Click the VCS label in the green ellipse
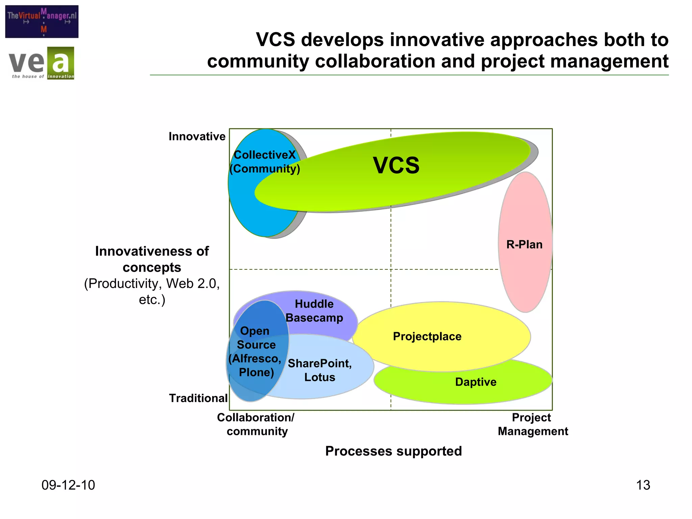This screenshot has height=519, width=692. tap(396, 165)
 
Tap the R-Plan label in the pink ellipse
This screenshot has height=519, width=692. tap(524, 244)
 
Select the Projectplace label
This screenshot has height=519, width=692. tap(427, 336)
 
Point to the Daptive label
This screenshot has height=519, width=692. tap(475, 382)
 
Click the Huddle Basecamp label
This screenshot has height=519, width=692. tap(314, 311)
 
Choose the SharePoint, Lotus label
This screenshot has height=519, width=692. tap(320, 370)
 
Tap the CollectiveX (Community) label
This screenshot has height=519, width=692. tap(265, 162)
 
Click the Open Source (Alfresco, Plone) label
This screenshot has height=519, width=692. tap(255, 351)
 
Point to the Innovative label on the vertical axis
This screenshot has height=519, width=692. tap(197, 137)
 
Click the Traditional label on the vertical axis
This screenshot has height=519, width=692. tap(198, 398)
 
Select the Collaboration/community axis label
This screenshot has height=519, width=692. tap(256, 424)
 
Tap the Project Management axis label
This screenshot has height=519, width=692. tap(533, 424)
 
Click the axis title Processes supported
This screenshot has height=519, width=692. tap(393, 451)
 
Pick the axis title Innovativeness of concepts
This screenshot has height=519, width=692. tap(152, 259)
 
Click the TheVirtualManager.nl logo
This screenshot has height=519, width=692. tap(42, 21)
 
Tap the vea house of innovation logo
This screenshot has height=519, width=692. tap(41, 63)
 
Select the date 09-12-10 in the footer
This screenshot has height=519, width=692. tap(68, 485)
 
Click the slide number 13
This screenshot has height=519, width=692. tap(643, 485)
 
